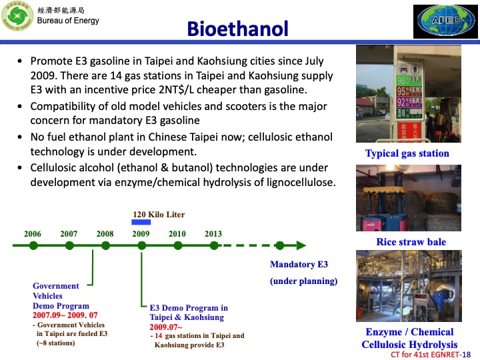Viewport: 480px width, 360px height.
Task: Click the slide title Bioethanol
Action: [x=237, y=29]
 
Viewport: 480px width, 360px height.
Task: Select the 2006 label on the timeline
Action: [x=33, y=234]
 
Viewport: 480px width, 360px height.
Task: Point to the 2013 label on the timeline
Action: [x=213, y=234]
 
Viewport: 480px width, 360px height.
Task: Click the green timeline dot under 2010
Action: [x=177, y=245]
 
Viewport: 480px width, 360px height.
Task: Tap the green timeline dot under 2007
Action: [x=69, y=245]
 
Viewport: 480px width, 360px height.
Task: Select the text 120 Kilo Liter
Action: [x=159, y=215]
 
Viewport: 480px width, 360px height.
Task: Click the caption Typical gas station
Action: [x=407, y=154]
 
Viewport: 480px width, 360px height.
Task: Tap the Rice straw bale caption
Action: [x=411, y=242]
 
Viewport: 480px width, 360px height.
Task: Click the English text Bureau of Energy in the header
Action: [x=68, y=21]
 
